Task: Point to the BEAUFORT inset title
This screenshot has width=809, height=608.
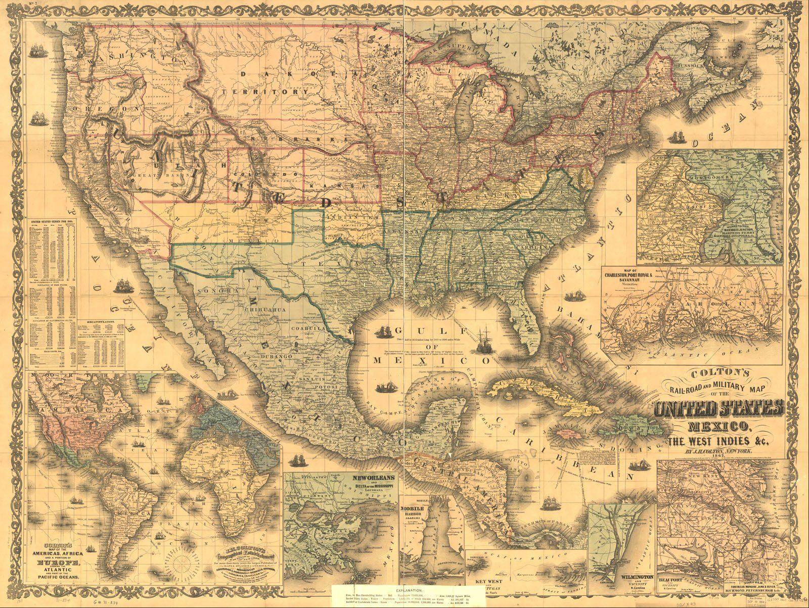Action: [x=674, y=580]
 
